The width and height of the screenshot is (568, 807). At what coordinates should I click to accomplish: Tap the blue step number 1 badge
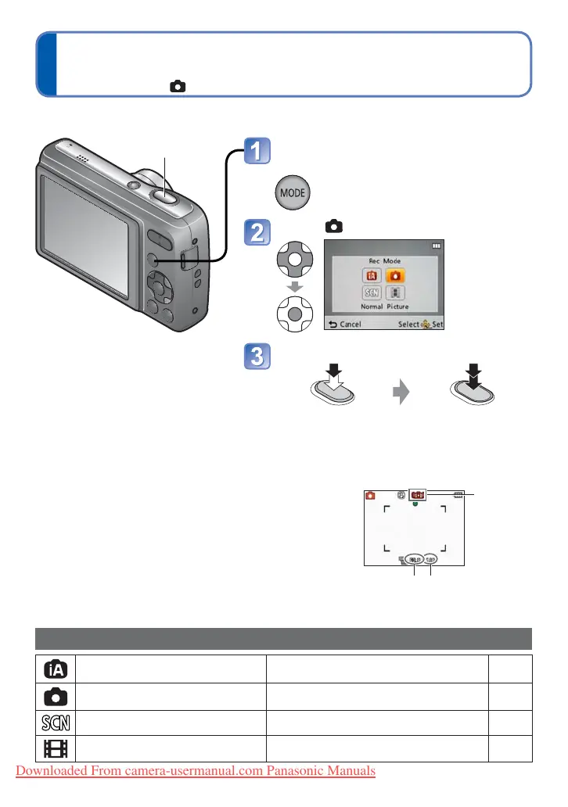click(256, 151)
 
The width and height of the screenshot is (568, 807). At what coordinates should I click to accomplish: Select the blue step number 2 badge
click(256, 232)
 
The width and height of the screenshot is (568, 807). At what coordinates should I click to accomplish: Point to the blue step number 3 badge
click(256, 357)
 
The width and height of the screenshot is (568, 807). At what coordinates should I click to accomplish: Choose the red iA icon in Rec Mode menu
click(371, 274)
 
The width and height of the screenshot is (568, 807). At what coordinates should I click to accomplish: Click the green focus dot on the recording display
click(415, 505)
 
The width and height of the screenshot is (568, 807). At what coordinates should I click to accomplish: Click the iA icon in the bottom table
click(57, 668)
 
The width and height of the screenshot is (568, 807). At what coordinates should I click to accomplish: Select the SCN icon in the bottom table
click(57, 723)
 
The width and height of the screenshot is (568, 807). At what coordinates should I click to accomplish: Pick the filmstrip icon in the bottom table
click(57, 749)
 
